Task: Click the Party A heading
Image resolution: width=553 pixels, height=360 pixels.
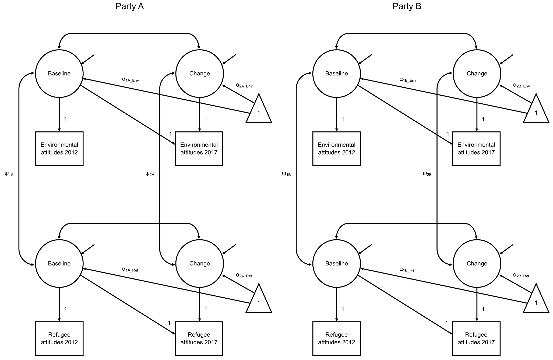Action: [129, 6]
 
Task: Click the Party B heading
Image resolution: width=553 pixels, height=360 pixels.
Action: [407, 6]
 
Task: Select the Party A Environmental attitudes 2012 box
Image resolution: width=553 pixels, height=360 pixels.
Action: [59, 149]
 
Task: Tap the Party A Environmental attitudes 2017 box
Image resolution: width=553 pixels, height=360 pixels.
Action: [199, 149]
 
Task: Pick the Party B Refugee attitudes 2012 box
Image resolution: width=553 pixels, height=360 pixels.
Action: [337, 338]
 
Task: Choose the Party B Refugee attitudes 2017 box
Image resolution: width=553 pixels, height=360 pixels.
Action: [476, 338]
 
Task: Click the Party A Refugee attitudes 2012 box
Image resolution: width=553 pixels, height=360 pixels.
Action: [59, 338]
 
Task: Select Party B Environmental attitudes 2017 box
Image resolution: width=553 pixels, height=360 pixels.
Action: [476, 149]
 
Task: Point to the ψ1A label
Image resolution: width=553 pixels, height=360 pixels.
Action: [9, 174]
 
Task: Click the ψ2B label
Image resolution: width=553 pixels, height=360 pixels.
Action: [427, 174]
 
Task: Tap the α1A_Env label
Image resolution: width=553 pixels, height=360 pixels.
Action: [131, 79]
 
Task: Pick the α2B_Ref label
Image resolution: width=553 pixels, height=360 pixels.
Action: [521, 275]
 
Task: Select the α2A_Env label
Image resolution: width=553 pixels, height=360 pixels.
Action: [244, 85]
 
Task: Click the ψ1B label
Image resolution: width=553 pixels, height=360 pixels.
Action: [286, 174]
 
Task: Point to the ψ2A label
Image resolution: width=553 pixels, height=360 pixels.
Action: [150, 174]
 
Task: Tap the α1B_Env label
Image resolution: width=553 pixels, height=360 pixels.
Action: [408, 79]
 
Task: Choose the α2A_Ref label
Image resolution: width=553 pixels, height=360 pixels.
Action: [244, 275]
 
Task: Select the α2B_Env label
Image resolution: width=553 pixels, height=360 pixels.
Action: [522, 85]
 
